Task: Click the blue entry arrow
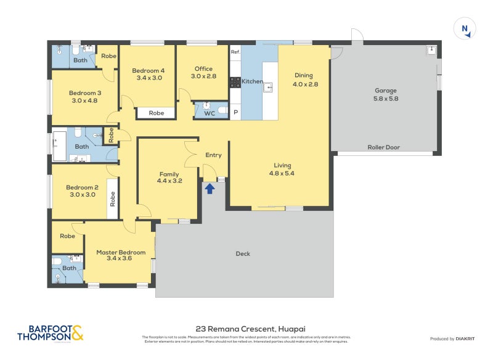(210, 188)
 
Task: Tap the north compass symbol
(465, 29)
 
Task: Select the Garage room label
(386, 91)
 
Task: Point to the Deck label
(243, 253)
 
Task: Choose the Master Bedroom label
(121, 252)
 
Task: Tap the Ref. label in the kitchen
(235, 52)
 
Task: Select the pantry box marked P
(235, 113)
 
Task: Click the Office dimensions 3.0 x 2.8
(203, 76)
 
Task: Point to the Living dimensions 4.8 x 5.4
(283, 173)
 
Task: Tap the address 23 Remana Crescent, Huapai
(246, 329)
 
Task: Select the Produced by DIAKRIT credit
(452, 338)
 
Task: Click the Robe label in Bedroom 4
(157, 113)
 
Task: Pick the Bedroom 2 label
(83, 187)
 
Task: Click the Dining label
(303, 75)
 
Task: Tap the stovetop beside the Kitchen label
(235, 81)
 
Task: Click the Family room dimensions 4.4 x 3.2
(169, 181)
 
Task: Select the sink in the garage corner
(432, 50)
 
